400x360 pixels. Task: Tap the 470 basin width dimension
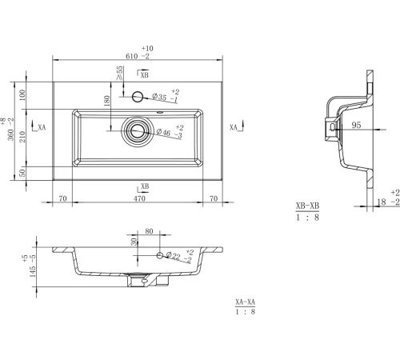[x=139, y=198]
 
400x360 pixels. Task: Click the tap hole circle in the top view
[x=138, y=97]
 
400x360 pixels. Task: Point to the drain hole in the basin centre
[x=138, y=130]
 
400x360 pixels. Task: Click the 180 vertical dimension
[x=107, y=101]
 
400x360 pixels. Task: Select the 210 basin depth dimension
[x=22, y=137]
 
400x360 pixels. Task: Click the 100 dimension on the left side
[x=22, y=95]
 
